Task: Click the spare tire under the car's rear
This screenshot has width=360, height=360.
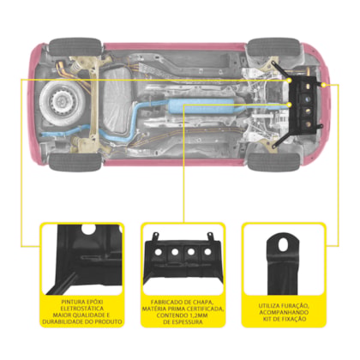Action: point(62,100)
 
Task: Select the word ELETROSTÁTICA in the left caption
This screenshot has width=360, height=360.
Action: point(82,309)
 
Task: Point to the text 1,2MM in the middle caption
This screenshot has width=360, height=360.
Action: point(199,315)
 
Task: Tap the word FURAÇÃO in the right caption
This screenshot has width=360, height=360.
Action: point(296,306)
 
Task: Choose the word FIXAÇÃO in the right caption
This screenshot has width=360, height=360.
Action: point(294,319)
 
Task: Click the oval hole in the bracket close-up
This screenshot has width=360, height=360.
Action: point(283,244)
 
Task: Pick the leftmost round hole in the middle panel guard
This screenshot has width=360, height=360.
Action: point(158,252)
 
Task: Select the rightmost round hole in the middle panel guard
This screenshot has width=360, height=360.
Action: point(207,252)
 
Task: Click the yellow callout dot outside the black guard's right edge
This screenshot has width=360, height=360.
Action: point(323,85)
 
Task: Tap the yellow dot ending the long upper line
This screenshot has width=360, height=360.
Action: point(289,81)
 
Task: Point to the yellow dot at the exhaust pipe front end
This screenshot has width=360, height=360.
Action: point(290,105)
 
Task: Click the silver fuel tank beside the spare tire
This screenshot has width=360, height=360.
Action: point(117,100)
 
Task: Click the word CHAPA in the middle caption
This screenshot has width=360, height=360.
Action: point(203,302)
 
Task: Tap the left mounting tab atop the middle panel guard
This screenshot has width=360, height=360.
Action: point(155,237)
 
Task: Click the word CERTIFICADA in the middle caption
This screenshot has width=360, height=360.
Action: point(205,309)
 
